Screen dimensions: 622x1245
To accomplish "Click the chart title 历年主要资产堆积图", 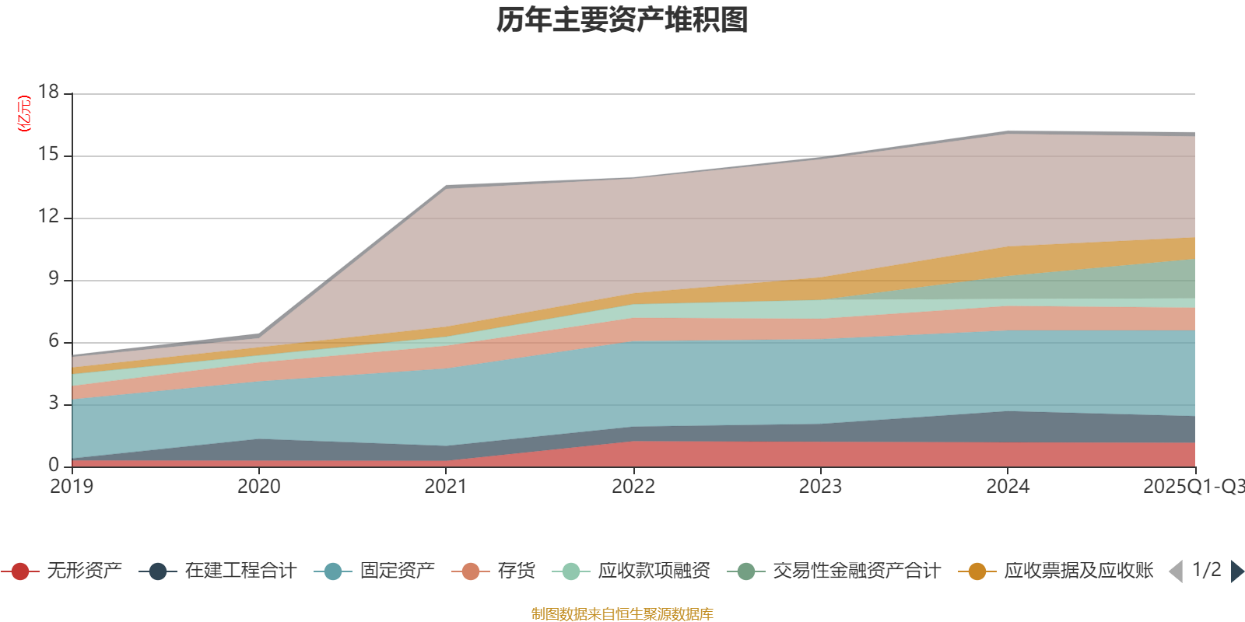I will tap(622, 20).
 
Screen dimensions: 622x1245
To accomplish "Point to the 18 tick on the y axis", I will tap(49, 92).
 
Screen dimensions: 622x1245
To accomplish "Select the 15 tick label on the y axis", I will tap(49, 155).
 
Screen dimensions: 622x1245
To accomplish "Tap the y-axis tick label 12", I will tap(49, 217).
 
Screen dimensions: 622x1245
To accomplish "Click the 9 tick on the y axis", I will tap(54, 278).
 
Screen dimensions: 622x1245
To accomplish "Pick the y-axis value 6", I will tap(54, 341).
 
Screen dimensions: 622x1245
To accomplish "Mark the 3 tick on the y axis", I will tap(54, 403).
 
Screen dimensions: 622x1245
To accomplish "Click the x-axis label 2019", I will tap(72, 487).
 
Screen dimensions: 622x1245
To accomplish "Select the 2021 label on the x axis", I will tap(446, 487).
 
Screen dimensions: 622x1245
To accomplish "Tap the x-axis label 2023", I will tap(820, 487).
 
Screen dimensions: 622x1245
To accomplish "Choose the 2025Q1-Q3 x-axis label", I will tap(1193, 487).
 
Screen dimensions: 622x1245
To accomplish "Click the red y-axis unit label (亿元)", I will tap(24, 114).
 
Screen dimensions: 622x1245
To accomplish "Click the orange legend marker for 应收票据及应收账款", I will tap(977, 571).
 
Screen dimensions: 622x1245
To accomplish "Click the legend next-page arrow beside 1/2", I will tap(1236, 571).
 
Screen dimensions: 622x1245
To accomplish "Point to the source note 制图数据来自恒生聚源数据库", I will tap(622, 614).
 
